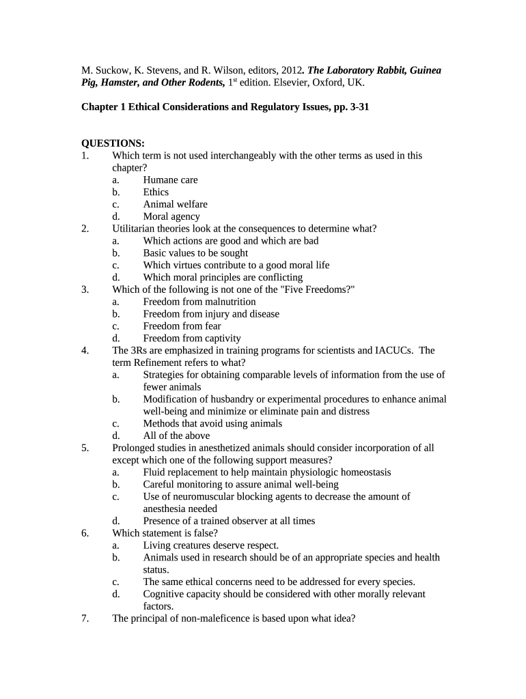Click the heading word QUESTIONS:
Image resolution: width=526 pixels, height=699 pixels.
coord(113,143)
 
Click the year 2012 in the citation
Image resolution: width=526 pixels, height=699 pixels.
coord(292,70)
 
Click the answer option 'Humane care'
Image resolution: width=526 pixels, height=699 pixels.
coord(170,180)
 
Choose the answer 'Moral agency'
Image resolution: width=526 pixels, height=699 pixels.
coord(171,217)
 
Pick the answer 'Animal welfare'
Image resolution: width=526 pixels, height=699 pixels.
coord(175,205)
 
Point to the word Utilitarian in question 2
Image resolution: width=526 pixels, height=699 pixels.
coord(136,229)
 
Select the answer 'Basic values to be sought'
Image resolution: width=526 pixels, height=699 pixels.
coord(195,253)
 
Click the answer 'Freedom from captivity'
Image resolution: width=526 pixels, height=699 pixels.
coord(192,339)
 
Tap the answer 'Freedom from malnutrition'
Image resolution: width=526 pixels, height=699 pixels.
coord(199,302)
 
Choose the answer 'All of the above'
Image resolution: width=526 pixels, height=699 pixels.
coord(176,436)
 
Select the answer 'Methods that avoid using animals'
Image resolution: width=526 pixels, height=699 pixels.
coord(212,424)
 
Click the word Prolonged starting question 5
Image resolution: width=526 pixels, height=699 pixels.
coord(134,448)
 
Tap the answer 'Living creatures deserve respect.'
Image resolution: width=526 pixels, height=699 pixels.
coord(211,545)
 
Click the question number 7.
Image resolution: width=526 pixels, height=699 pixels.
coord(85,619)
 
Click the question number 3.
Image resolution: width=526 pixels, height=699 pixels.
coord(85,289)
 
